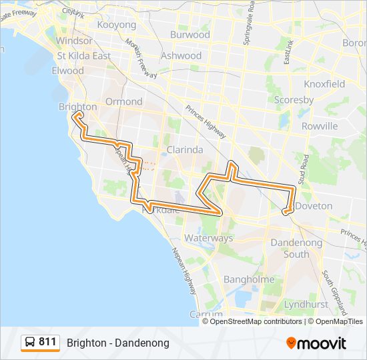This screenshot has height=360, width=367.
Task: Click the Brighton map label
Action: (x=77, y=107)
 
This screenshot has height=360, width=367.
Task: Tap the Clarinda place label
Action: (x=184, y=150)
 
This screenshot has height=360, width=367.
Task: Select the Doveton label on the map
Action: (x=314, y=206)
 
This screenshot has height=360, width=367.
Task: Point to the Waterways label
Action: (x=208, y=238)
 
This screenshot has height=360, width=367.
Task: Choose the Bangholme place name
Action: (x=249, y=279)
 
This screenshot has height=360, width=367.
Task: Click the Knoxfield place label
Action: (x=324, y=84)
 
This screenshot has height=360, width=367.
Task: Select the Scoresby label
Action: (x=294, y=100)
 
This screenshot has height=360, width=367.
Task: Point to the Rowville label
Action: (x=320, y=126)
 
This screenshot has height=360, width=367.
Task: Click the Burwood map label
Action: (x=190, y=35)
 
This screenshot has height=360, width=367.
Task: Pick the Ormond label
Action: (x=123, y=101)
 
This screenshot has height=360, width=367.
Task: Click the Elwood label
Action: (x=67, y=71)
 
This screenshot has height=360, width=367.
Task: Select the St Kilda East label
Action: (x=84, y=56)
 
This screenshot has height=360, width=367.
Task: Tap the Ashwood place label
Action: (x=181, y=56)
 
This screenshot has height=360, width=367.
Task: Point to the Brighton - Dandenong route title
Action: (x=118, y=343)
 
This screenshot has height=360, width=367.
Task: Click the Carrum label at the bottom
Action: (x=206, y=314)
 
